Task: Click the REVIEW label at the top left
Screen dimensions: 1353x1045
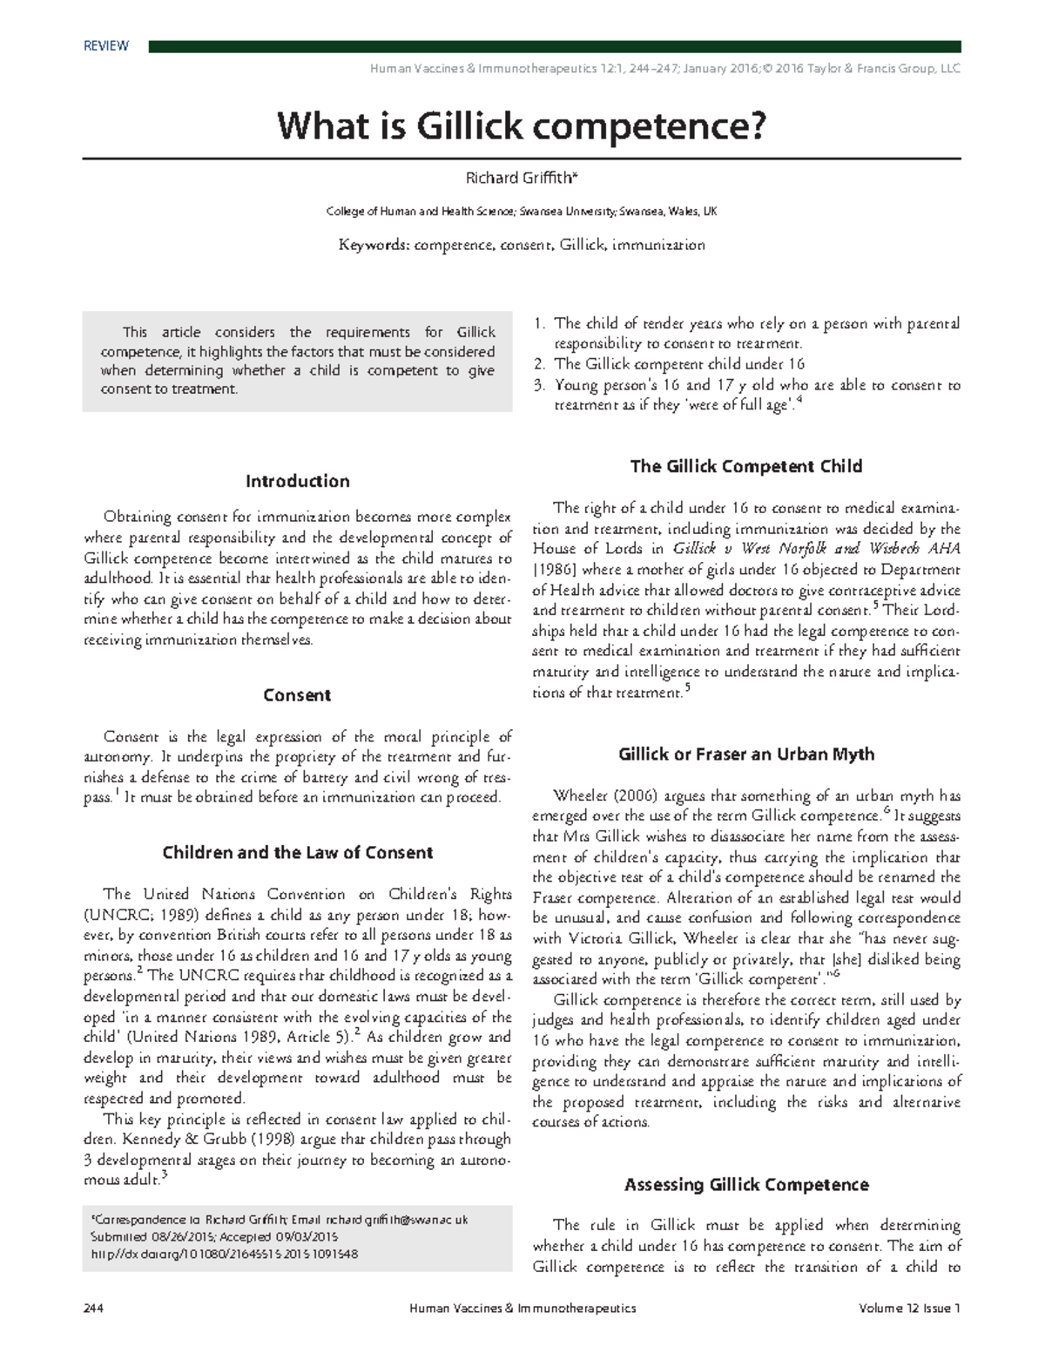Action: pos(105,46)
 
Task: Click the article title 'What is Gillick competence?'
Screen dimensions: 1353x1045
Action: pos(522,126)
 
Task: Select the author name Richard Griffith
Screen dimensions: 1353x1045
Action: pos(521,179)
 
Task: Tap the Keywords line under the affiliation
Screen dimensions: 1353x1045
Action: pos(521,246)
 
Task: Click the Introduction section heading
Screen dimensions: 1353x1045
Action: pos(297,482)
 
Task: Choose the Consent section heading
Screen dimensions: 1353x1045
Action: pos(297,695)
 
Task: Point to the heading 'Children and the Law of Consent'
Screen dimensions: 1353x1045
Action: pos(297,853)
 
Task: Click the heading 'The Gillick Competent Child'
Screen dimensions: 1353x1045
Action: pos(745,467)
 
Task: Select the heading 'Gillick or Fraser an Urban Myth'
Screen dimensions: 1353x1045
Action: pos(745,754)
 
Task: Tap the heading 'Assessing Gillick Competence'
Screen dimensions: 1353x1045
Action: pos(745,1185)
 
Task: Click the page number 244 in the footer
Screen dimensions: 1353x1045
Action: pos(93,1308)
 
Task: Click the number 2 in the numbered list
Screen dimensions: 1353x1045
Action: pos(540,364)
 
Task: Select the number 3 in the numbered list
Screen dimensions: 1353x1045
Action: pos(540,385)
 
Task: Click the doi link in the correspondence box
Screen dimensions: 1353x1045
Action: pos(224,1255)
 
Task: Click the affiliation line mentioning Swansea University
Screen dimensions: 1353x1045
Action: pos(521,212)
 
